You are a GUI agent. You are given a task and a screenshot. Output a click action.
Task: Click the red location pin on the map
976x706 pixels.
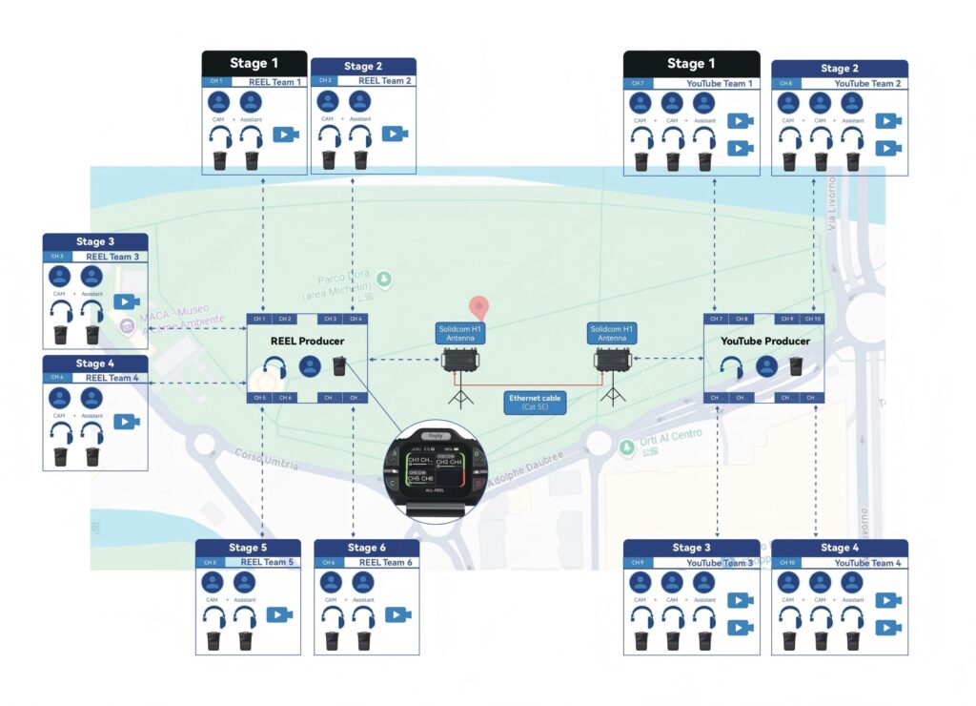tap(480, 308)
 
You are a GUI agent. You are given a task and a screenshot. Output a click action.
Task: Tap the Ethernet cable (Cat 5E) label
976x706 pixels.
tap(536, 402)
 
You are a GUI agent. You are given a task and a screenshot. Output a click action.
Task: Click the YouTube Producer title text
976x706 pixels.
tap(764, 341)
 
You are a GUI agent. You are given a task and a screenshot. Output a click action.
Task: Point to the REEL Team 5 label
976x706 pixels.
tap(266, 563)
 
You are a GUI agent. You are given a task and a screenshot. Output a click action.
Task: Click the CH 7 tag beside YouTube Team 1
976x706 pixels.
tap(637, 83)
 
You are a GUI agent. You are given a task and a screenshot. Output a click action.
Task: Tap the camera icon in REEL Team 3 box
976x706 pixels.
tap(127, 301)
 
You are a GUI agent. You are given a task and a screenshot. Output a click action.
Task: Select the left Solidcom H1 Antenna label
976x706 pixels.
tap(461, 333)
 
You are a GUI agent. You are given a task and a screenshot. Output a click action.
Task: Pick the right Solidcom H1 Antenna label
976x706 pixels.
tap(612, 333)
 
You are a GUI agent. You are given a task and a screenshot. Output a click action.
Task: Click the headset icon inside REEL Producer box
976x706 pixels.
tap(276, 366)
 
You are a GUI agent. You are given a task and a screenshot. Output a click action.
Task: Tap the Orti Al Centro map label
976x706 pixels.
tap(673, 435)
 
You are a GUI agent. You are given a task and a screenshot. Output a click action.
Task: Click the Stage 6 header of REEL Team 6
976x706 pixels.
tap(366, 548)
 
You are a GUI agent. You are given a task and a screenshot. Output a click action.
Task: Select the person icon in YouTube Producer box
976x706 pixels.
tap(766, 366)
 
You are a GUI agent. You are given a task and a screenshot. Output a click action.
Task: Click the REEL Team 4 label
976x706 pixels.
tap(112, 378)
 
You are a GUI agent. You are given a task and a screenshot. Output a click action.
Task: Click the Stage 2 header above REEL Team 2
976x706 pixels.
tap(363, 66)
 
